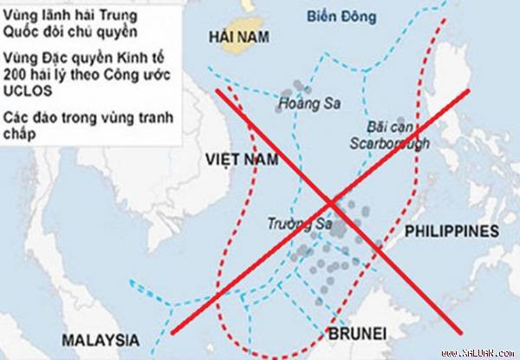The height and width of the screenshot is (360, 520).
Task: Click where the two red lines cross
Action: [x=331, y=203]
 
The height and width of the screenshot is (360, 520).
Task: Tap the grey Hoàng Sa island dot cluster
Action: [x=296, y=90]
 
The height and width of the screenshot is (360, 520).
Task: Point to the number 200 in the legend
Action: [x=16, y=75]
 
